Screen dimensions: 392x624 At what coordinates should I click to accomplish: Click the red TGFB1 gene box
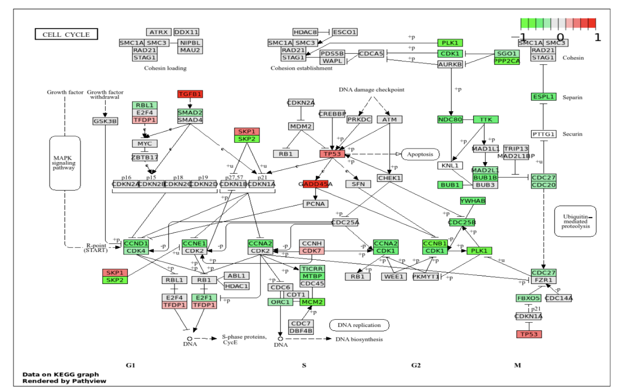(190, 94)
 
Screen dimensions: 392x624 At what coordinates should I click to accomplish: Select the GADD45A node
(315, 184)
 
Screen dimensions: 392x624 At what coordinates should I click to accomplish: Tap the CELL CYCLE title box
(66, 34)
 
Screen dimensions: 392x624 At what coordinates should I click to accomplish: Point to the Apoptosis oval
(420, 154)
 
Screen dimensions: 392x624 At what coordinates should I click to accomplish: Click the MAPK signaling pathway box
(65, 163)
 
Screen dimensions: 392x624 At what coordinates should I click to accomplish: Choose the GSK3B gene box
(105, 121)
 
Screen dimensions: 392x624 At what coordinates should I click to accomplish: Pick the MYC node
(145, 144)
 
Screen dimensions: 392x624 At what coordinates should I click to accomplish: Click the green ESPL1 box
(543, 97)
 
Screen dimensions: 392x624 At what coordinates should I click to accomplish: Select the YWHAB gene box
(473, 201)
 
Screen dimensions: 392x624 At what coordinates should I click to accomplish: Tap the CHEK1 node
(389, 178)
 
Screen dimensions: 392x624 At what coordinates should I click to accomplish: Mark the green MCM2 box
(312, 302)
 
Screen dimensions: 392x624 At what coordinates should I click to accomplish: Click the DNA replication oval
(359, 325)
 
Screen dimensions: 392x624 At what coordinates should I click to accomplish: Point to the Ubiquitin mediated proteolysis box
(575, 221)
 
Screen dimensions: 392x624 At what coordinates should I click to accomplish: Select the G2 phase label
(416, 365)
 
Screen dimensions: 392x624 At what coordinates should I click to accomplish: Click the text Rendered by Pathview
(64, 381)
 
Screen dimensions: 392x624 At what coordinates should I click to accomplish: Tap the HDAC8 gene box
(305, 32)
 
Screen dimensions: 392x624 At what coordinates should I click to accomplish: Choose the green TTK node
(486, 120)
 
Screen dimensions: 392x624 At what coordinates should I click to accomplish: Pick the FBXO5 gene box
(528, 298)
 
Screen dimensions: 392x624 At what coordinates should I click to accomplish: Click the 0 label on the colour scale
(560, 37)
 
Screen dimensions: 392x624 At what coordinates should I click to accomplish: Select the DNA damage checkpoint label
(371, 90)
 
